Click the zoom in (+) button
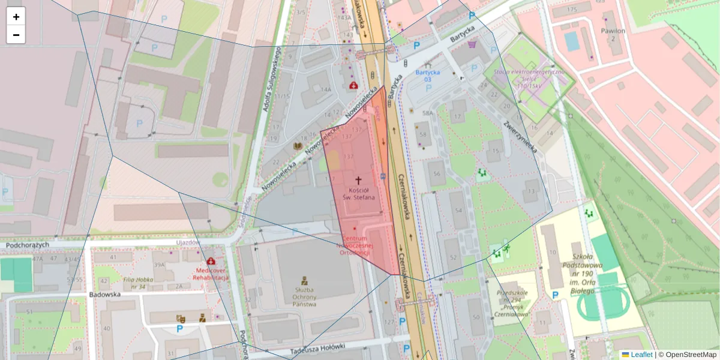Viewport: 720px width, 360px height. click(16, 17)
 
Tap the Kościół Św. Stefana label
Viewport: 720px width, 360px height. click(358, 193)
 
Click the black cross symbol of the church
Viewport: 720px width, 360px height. click(359, 179)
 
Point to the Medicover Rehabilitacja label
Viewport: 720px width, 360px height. click(211, 274)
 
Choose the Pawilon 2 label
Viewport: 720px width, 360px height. click(613, 34)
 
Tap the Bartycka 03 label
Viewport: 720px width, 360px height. click(427, 76)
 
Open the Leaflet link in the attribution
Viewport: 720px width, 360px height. click(641, 355)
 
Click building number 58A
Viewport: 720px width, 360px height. click(427, 113)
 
